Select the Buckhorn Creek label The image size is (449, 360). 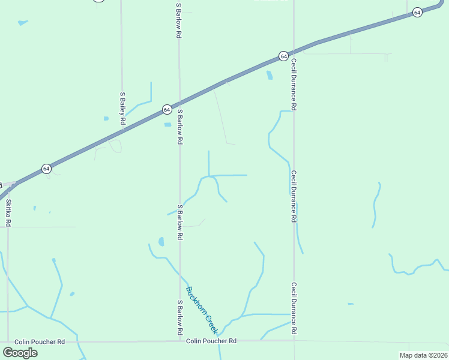(x=201, y=310)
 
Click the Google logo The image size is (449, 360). (x=20, y=352)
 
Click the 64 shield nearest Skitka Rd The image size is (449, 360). (x=46, y=169)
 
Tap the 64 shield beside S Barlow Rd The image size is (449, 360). (x=167, y=110)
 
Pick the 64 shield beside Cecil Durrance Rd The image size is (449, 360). (x=283, y=56)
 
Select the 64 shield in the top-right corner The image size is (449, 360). (x=417, y=11)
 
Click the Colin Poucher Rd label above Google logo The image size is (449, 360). (x=40, y=341)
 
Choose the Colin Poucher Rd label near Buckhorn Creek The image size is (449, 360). (x=211, y=341)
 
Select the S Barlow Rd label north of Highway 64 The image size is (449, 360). (x=179, y=21)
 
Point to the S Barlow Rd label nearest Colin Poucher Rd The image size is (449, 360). (x=179, y=317)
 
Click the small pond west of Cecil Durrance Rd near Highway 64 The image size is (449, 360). (x=269, y=76)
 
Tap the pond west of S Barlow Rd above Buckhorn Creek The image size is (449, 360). (x=161, y=242)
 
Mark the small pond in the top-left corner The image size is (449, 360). (x=23, y=23)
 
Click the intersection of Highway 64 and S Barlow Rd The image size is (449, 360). (x=179, y=103)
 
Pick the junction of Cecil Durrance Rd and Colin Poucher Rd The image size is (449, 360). (x=294, y=341)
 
